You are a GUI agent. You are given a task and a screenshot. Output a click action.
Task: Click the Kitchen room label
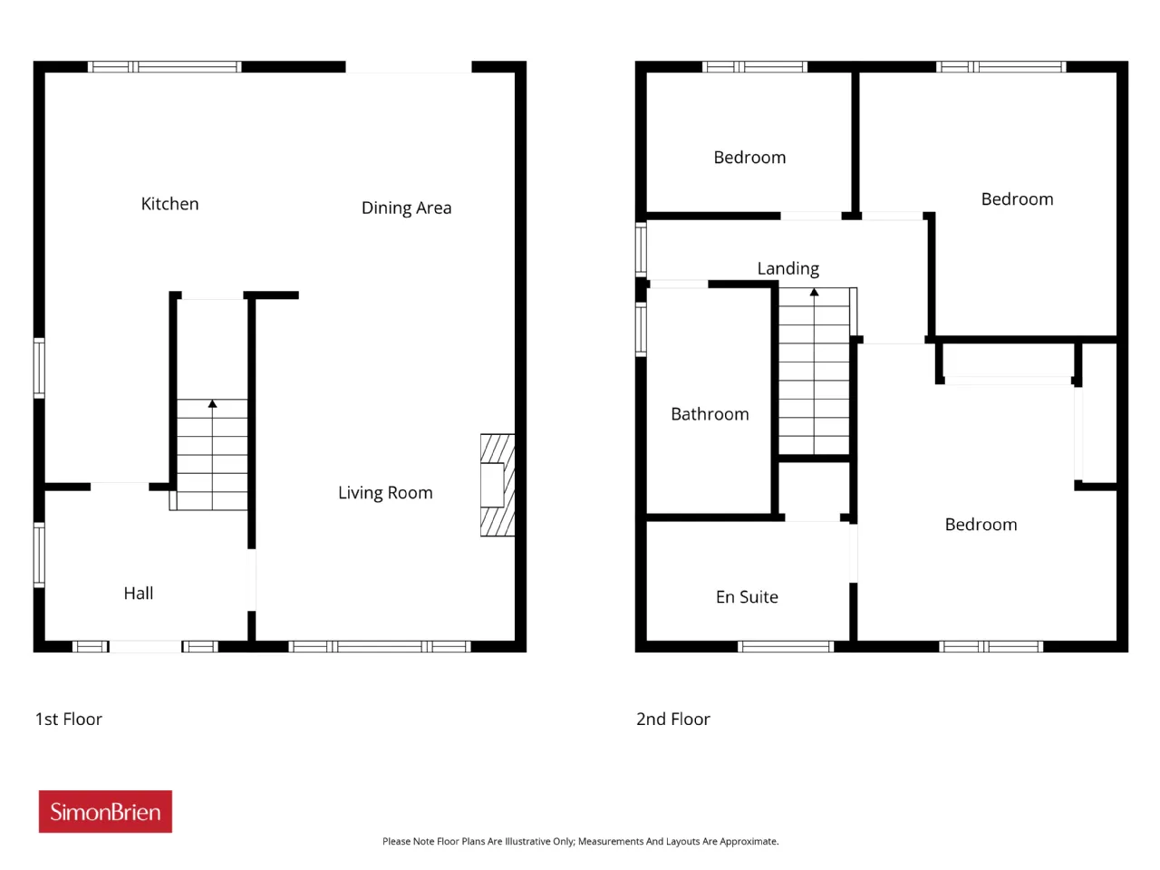pos(169,204)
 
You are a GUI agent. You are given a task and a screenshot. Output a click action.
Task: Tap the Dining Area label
pos(406,208)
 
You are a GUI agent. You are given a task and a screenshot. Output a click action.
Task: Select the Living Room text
pos(385,493)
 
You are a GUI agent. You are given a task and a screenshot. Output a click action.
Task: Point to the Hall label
pos(139,594)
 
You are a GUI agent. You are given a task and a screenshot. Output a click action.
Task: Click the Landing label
pos(788,269)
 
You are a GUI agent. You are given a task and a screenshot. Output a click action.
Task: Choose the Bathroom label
pos(710,414)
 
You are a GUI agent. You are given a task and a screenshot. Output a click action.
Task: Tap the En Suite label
pos(747,597)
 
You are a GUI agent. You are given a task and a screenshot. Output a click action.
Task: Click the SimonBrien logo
pos(105,811)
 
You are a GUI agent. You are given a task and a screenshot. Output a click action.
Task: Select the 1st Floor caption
pos(69,719)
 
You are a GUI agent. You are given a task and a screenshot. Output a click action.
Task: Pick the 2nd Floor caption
pos(672,719)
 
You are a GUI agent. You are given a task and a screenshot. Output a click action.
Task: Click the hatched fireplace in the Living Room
pos(498,486)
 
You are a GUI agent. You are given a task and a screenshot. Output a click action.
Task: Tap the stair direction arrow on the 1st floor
pos(212,454)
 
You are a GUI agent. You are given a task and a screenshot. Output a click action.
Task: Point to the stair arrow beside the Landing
pos(815,370)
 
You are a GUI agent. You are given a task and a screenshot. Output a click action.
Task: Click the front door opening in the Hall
pos(145,646)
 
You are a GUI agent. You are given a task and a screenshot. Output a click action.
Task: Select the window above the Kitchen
pos(164,66)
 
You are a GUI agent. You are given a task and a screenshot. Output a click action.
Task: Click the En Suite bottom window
pos(786,646)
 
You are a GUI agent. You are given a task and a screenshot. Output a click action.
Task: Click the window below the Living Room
pos(380,646)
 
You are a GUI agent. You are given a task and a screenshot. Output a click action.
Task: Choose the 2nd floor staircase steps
pos(815,371)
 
